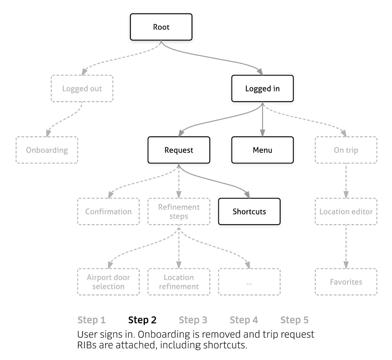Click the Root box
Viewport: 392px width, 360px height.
(x=161, y=27)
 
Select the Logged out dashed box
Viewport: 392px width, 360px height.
(x=82, y=88)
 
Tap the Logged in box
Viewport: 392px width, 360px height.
(x=262, y=88)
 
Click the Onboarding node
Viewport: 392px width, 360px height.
(x=47, y=150)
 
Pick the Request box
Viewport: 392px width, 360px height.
(x=179, y=150)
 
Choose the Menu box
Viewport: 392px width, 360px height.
(x=262, y=150)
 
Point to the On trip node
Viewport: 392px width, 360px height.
(x=346, y=150)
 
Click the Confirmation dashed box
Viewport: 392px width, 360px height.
(x=108, y=212)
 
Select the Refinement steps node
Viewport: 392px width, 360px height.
(x=179, y=212)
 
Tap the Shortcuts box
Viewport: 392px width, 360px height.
(x=249, y=212)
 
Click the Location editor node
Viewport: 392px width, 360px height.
(x=346, y=212)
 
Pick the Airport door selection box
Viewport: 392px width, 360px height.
(x=108, y=282)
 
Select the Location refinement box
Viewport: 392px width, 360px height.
(x=179, y=282)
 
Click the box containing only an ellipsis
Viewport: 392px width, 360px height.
(x=249, y=282)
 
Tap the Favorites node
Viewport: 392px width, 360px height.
(x=346, y=282)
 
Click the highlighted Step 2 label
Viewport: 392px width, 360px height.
(x=142, y=320)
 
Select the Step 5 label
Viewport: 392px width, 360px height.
(x=295, y=320)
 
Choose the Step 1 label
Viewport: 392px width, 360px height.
(x=92, y=320)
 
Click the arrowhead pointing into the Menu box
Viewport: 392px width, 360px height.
(x=262, y=133)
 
